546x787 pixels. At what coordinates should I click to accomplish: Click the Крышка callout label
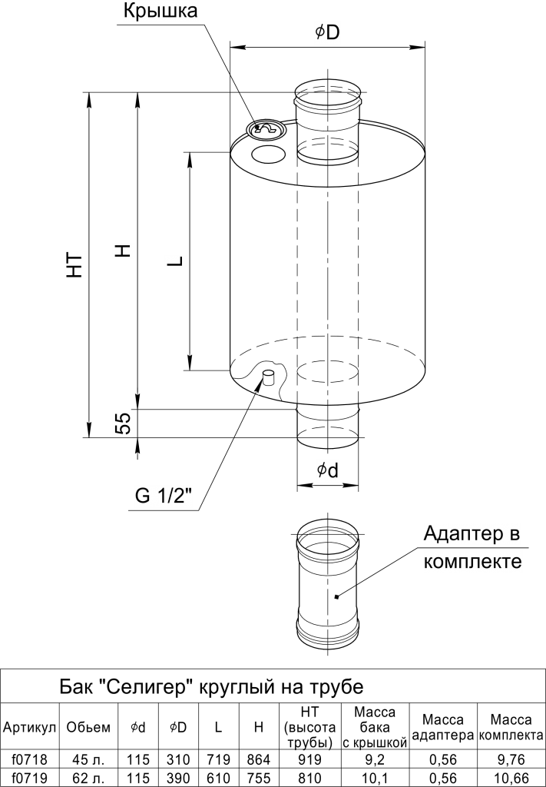(x=160, y=11)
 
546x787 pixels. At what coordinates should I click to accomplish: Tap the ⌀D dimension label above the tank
(x=327, y=32)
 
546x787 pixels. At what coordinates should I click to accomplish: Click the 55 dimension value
(x=123, y=422)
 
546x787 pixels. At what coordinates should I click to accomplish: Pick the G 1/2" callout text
(x=164, y=496)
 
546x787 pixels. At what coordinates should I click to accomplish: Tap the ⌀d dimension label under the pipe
(x=327, y=470)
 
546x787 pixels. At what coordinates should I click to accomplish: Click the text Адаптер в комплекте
(x=472, y=546)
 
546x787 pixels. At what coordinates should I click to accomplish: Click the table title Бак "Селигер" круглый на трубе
(x=211, y=686)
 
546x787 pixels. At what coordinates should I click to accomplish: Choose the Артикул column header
(x=30, y=727)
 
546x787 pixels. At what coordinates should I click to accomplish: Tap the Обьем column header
(x=88, y=727)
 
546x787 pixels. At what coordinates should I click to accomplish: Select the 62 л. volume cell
(x=88, y=779)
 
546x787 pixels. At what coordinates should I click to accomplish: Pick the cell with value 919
(x=309, y=759)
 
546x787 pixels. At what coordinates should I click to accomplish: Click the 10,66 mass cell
(x=511, y=779)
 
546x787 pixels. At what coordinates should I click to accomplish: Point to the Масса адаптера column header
(x=443, y=727)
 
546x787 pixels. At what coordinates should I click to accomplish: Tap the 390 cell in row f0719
(x=178, y=779)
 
